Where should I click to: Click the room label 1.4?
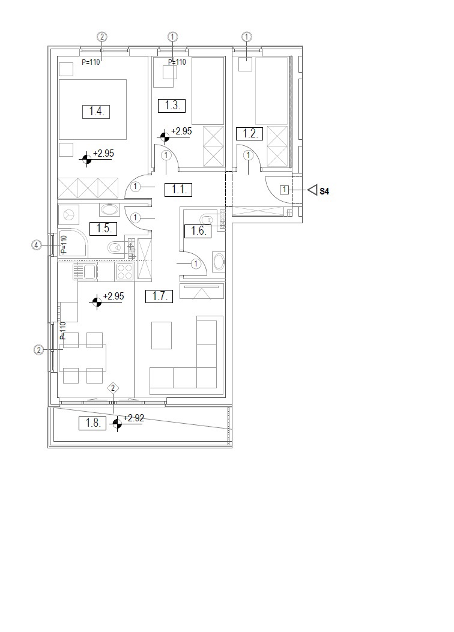(x=96, y=111)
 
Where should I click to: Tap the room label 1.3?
(x=172, y=106)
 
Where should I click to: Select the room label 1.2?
(x=250, y=133)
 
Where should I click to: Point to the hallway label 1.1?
(x=178, y=190)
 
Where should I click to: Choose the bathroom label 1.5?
(x=103, y=229)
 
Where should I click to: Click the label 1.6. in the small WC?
(x=198, y=231)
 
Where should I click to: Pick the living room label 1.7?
(x=159, y=296)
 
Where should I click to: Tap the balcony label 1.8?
(x=92, y=423)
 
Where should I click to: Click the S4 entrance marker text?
(x=324, y=191)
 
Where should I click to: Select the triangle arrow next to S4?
(x=313, y=190)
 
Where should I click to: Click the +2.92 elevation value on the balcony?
(x=133, y=418)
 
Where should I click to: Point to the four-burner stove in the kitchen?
(x=124, y=271)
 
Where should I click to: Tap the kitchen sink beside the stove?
(x=85, y=271)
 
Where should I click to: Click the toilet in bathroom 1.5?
(x=117, y=247)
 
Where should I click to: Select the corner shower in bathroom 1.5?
(x=73, y=244)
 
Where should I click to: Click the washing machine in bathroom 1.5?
(x=69, y=215)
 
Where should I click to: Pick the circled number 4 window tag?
(x=37, y=245)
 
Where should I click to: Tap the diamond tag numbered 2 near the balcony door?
(x=114, y=388)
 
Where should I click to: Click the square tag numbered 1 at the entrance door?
(x=284, y=190)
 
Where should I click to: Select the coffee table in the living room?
(x=162, y=336)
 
